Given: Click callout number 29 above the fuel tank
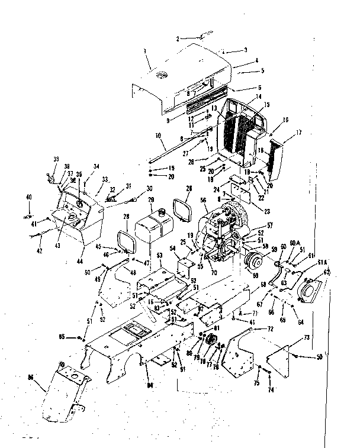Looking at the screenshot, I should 151,201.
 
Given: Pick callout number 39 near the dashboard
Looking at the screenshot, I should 56,159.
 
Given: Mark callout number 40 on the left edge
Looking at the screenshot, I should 28,196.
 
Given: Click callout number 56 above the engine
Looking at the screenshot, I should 205,201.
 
